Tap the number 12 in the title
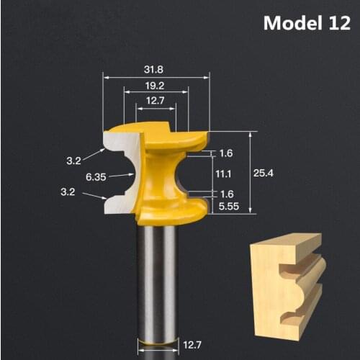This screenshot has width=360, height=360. pyautogui.click(x=336, y=24)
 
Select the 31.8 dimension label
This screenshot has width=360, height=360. pyautogui.click(x=152, y=70)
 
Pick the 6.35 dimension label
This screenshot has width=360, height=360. pyautogui.click(x=95, y=176)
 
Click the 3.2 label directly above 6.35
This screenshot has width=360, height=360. pyautogui.click(x=73, y=161)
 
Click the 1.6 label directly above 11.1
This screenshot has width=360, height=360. pyautogui.click(x=225, y=154)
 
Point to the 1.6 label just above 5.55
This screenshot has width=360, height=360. pyautogui.click(x=225, y=194)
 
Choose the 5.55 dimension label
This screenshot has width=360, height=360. pyautogui.click(x=228, y=207)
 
